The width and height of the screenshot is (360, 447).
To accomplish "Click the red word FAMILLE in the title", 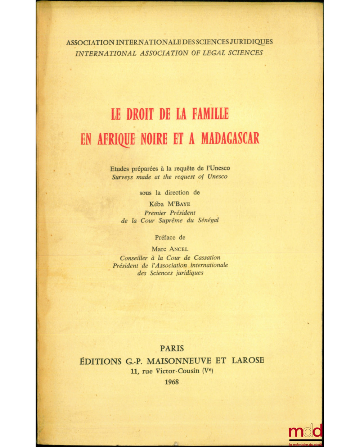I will pos(210,114).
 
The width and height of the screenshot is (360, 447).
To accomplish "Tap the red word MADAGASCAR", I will pos(230,139).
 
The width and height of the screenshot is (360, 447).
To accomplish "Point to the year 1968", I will pos(171,382).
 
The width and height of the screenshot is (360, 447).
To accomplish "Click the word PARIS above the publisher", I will pos(172,348).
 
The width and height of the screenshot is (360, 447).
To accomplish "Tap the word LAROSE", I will pos(247,360).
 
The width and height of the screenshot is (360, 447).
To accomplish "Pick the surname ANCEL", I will pos(178,249).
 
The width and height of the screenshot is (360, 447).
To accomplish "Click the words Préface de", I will pos(170,237).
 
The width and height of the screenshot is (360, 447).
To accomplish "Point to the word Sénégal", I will pos(208,220).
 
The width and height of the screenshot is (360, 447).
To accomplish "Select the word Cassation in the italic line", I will pos(207,257).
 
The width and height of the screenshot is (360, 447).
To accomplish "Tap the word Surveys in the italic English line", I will pos(123,177).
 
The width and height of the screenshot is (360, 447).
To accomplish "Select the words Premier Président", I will pos(170,213).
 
